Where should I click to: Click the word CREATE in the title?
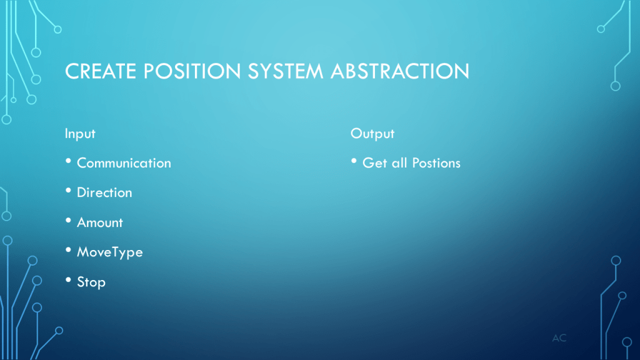point(101,71)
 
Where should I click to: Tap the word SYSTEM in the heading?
point(285,71)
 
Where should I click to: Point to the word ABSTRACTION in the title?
point(400,71)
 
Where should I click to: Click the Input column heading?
point(80,134)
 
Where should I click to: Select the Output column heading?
point(372,134)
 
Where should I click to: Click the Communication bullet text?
point(124,163)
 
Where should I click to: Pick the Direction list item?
point(104,192)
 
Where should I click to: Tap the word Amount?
point(100,222)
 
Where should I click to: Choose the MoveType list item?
point(110,252)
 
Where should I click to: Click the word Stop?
point(91,282)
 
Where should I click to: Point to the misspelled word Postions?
point(436,163)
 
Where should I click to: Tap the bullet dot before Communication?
point(68,161)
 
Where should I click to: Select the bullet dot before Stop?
point(68,280)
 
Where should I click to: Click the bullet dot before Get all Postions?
point(354,161)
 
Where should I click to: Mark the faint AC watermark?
point(559,338)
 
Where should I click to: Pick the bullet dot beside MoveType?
point(68,250)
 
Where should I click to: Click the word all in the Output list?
point(399,163)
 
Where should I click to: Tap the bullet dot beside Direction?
point(68,191)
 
